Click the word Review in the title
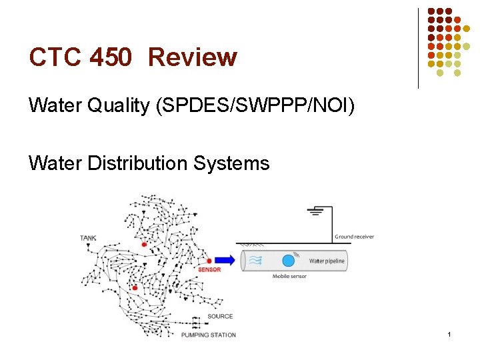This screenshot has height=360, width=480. (193, 57)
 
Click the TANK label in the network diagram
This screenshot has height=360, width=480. (88, 238)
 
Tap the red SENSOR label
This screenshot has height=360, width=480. (209, 270)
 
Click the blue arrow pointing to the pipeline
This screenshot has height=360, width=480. (224, 261)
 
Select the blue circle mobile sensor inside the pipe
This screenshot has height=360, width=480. (288, 261)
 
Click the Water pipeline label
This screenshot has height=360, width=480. (327, 261)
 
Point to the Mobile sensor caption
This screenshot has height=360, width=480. (290, 276)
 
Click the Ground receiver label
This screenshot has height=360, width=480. (354, 237)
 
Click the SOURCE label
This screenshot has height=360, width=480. (220, 317)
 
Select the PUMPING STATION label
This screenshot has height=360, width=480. (209, 335)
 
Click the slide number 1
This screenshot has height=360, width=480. (450, 333)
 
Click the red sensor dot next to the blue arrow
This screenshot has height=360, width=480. (209, 261)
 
